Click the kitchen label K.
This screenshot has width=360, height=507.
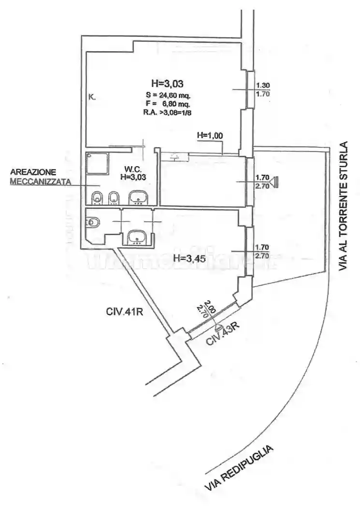pos(92,97)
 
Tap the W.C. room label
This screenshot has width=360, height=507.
pos(132,169)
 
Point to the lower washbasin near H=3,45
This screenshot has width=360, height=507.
pos(138,237)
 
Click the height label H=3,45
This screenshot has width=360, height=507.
pos(190,258)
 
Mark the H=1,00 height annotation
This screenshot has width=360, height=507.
pos(210,136)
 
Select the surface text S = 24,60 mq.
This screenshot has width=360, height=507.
pos(167,95)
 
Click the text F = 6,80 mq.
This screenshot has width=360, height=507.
pos(167,103)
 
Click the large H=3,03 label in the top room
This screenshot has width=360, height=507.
pos(167,83)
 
